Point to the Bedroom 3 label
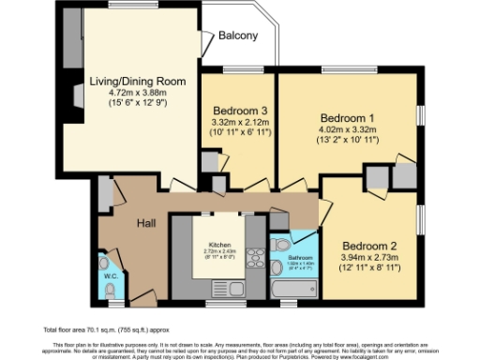[238, 109]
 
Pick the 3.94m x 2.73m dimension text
[372, 250]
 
